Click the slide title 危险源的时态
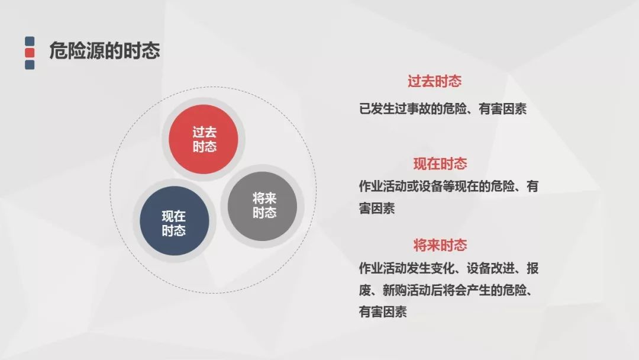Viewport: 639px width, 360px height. pos(104,51)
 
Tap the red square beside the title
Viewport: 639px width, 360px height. pos(30,53)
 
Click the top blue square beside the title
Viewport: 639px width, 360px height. pos(30,41)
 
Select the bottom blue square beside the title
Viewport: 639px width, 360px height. pos(30,65)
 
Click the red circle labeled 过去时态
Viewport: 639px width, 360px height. pos(204,139)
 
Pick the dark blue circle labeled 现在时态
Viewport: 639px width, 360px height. pos(175,221)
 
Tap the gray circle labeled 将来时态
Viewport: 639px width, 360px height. pos(262,206)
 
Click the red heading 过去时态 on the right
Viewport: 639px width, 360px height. pos(434,81)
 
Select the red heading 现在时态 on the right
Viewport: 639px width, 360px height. pos(440,164)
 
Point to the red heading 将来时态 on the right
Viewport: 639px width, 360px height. pos(440,246)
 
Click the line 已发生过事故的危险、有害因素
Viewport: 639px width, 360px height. pos(443,109)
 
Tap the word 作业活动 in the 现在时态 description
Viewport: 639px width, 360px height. pos(383,187)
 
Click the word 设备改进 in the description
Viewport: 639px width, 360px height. pos(490,268)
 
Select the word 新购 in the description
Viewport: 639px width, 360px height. pos(395,290)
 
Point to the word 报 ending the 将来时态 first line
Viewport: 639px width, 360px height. pos(532,268)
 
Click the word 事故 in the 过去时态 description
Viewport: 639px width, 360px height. pos(418,109)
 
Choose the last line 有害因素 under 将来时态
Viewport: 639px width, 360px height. pos(383,312)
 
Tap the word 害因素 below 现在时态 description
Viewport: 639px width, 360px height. pos(377,208)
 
